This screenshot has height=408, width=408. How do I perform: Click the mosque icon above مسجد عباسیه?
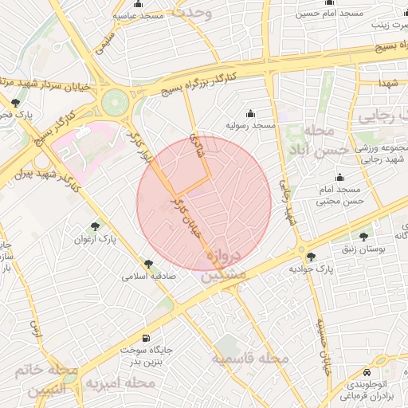coord(139,4)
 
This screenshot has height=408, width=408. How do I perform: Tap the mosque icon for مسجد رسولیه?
coord(252,113)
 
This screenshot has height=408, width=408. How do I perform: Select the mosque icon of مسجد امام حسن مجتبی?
coord(341,177)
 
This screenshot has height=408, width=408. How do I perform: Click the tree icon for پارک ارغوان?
coord(96,226)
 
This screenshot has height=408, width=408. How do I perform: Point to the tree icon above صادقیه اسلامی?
coord(148,264)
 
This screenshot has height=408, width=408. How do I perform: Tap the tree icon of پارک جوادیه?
coord(311,257)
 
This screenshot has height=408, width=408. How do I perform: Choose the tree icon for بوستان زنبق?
coord(365,236)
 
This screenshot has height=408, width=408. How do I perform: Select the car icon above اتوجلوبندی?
coord(366,373)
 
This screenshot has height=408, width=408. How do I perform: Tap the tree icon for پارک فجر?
coord(16,103)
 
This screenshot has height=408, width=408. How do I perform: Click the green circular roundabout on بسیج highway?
coord(115,101)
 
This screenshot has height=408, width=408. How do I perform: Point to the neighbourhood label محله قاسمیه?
coord(249,359)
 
